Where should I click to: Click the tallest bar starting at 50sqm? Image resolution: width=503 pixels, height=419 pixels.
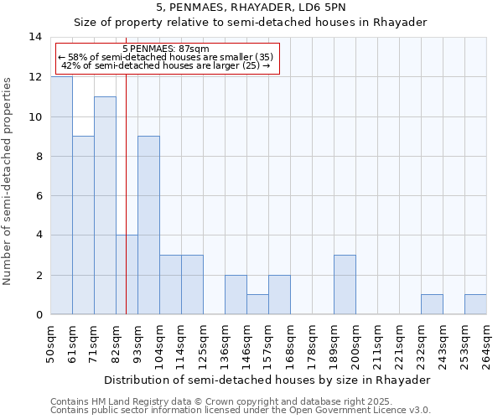coord(61,196)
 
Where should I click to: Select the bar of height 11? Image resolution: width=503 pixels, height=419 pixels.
coord(105,206)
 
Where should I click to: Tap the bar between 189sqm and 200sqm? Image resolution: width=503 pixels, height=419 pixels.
coord(345,285)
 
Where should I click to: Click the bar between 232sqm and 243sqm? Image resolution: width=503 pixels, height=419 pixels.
coord(432,304)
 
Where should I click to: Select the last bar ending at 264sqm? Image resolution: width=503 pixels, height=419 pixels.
coord(475,304)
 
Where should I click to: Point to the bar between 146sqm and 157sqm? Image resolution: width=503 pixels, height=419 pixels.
coord(257,304)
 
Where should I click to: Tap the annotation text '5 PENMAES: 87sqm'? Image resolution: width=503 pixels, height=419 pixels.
coord(165,49)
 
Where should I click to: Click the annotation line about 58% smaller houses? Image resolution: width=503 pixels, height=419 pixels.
coord(165,57)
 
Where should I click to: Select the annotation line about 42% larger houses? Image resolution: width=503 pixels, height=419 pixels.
coord(165,65)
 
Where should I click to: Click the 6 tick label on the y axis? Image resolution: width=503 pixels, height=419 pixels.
coord(38,196)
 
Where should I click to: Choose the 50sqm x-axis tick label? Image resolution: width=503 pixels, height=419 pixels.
coord(50,344)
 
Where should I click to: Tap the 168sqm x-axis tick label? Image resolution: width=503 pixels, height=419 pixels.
coord(290,344)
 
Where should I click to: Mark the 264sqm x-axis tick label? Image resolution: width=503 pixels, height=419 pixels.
coord(486,344)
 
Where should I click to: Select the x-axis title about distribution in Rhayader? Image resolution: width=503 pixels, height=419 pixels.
coord(267,380)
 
